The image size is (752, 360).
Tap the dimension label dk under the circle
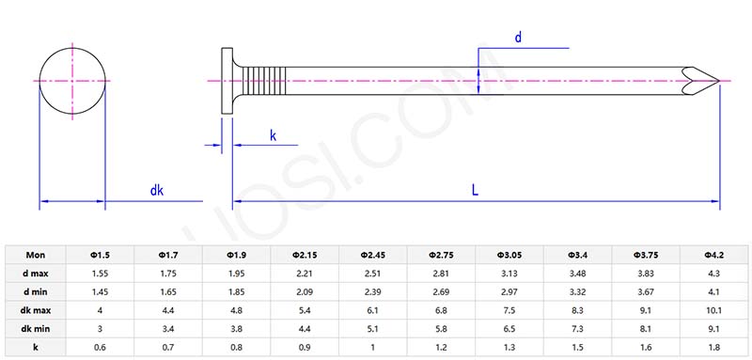[157, 191]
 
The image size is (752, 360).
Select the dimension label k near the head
[273, 135]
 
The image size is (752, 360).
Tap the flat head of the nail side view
[227, 81]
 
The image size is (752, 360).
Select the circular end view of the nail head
[72, 81]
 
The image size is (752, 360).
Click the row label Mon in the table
[36, 255]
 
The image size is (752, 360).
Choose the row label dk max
[36, 309]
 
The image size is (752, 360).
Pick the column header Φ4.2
[713, 255]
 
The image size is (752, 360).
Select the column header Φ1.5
[101, 255]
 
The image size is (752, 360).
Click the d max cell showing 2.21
[305, 273]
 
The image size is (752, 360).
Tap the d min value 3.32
[578, 291]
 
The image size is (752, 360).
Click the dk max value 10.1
[713, 309]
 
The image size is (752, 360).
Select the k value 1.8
[713, 347]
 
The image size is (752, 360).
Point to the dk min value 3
[101, 328]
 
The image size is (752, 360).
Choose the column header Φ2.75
[442, 255]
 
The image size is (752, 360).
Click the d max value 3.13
[509, 273]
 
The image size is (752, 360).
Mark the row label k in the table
[36, 347]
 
